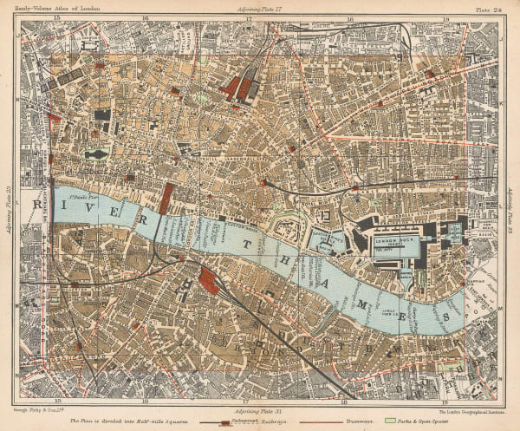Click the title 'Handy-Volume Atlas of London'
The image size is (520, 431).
point(57,7)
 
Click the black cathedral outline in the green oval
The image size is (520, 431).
point(95,154)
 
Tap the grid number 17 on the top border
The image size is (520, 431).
point(249,16)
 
